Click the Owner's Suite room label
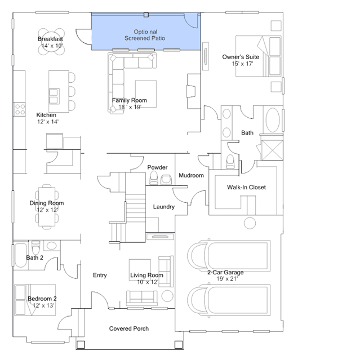click(x=241, y=57)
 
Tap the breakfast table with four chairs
click(x=51, y=42)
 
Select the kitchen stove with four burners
click(x=20, y=109)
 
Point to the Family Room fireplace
click(x=191, y=91)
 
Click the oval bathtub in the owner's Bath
click(x=273, y=120)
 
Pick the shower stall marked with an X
click(x=272, y=150)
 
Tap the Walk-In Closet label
click(x=246, y=188)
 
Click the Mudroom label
click(x=191, y=175)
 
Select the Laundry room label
click(x=164, y=207)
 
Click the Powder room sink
click(x=166, y=180)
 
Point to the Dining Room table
click(x=47, y=207)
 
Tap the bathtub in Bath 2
click(x=21, y=255)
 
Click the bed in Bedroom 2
click(x=35, y=300)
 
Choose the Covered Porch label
click(x=129, y=328)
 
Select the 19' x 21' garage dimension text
click(x=227, y=279)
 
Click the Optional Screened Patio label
click(x=145, y=35)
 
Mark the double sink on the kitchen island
click(x=54, y=96)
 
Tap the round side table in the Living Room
click(x=167, y=296)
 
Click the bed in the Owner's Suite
click(x=258, y=56)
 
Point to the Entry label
click(x=100, y=275)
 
